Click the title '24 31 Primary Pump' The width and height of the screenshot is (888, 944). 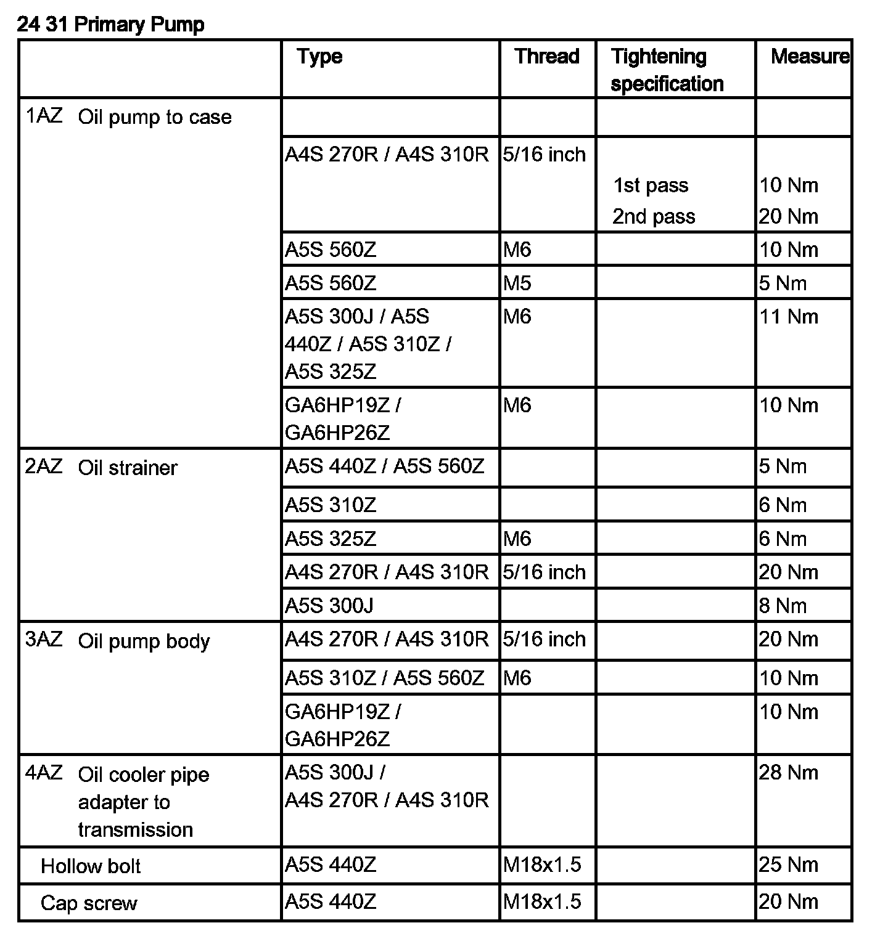[110, 25]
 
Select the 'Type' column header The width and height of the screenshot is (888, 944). [319, 57]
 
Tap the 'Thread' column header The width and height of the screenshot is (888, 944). [547, 57]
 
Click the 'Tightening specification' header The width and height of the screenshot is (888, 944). [667, 70]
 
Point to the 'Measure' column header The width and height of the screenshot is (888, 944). [809, 57]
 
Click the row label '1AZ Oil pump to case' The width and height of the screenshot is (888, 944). [129, 116]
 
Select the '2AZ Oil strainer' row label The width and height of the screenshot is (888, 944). [101, 468]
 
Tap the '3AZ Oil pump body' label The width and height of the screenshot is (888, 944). [117, 641]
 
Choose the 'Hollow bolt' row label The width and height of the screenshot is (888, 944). [91, 866]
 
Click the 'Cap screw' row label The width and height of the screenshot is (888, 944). [89, 903]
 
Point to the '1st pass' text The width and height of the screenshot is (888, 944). [651, 185]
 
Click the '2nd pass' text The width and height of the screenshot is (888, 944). [654, 217]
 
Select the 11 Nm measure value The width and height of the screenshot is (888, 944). [789, 317]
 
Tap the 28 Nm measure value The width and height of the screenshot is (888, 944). [789, 773]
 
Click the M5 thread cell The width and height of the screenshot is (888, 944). [517, 283]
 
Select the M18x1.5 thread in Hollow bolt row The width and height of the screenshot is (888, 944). [542, 865]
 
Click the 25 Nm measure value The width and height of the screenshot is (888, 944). [789, 865]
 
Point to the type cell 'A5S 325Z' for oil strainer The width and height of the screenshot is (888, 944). [331, 539]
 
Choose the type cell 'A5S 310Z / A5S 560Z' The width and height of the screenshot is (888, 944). [385, 678]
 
